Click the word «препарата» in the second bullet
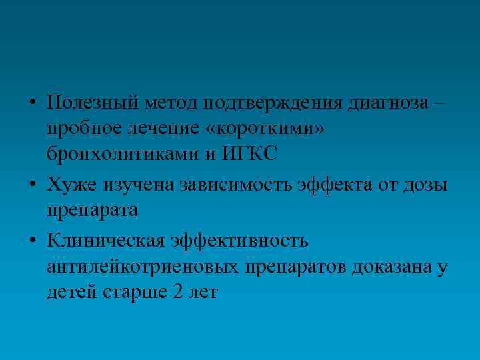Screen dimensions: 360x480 click(92, 209)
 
